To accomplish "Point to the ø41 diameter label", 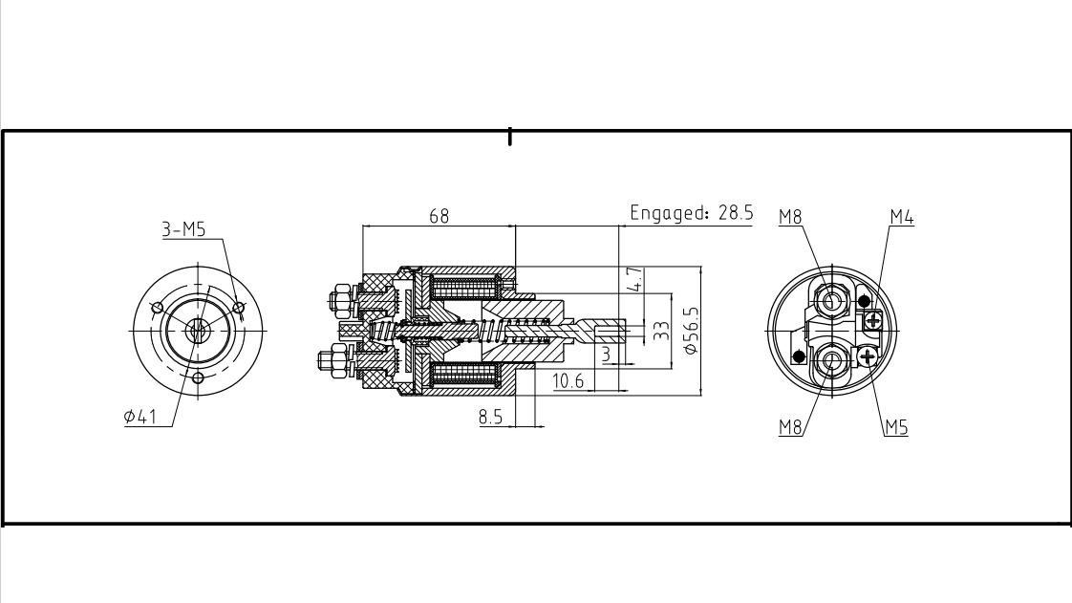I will click(140, 417).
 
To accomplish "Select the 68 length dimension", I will click(439, 216).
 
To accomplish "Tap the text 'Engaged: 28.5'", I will click(691, 213).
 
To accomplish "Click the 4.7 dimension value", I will click(636, 280).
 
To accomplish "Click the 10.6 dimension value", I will click(568, 382).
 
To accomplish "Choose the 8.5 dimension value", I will click(491, 417).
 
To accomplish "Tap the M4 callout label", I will click(901, 218).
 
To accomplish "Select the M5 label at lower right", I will click(895, 427).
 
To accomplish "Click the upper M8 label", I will click(790, 218).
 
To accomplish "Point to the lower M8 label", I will click(790, 427).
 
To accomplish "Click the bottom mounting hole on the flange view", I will click(199, 377).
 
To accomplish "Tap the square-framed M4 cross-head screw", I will click(871, 320).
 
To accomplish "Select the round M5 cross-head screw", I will click(868, 357).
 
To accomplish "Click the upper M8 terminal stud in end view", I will click(833, 300).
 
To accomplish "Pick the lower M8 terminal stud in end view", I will click(831, 361).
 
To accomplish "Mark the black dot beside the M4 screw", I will click(864, 302).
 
